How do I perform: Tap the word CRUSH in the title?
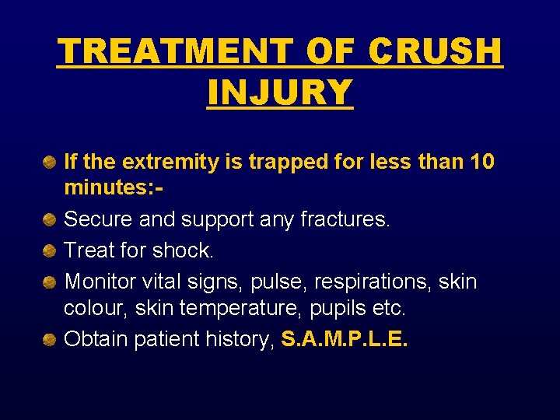point(436,52)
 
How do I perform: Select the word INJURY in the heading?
point(280,93)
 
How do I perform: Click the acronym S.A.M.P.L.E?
point(345,339)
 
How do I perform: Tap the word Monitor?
point(97,281)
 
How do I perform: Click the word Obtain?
point(92,339)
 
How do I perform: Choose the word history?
point(236,339)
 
